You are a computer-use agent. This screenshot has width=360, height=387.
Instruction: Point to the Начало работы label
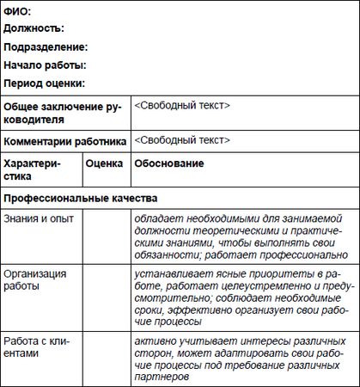pyautogui.click(x=45, y=64)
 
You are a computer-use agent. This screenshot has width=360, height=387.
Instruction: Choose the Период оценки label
pyautogui.click(x=44, y=83)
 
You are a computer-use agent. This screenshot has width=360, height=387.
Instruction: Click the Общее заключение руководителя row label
pyautogui.click(x=64, y=112)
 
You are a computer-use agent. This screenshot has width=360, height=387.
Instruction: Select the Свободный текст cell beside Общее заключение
pyautogui.click(x=182, y=105)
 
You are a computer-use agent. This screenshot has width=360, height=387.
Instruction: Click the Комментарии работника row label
pyautogui.click(x=65, y=141)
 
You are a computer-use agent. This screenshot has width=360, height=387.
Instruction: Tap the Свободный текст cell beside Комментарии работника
pyautogui.click(x=182, y=140)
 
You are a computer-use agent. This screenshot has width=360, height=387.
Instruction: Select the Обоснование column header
pyautogui.click(x=169, y=163)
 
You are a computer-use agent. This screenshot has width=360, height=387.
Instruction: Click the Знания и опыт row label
pyautogui.click(x=39, y=218)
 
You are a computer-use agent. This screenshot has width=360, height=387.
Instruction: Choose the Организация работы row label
pyautogui.click(x=35, y=279)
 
